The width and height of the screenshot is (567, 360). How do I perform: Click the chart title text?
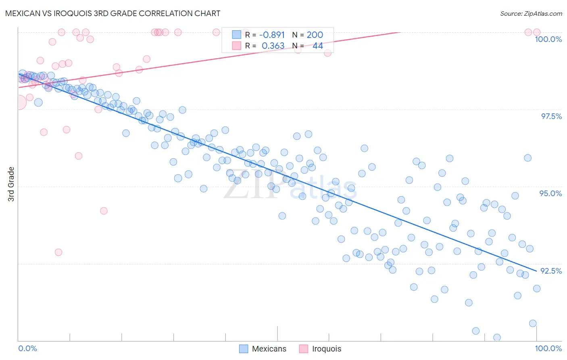[113, 13]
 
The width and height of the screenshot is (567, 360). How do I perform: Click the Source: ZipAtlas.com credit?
[531, 14]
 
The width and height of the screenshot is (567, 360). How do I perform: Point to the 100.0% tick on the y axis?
[548, 39]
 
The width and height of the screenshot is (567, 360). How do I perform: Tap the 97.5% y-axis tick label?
[551, 116]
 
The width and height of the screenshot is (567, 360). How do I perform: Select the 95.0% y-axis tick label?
[550, 193]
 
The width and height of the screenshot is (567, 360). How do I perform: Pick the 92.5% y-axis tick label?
[551, 271]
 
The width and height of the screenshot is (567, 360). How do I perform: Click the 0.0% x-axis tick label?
[27, 348]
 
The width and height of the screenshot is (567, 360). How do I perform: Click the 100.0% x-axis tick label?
[548, 348]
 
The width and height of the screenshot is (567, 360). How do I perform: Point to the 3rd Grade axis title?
[11, 184]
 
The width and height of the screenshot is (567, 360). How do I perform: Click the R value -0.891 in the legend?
[272, 35]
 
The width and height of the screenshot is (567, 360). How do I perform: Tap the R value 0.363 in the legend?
[273, 46]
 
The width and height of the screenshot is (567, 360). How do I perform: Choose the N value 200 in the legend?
[315, 35]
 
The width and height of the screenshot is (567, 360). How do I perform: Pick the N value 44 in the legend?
[317, 46]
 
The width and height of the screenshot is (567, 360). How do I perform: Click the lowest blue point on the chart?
[497, 337]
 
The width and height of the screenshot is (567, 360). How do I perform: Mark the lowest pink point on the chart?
[58, 252]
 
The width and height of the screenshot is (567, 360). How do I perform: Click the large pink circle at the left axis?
[19, 103]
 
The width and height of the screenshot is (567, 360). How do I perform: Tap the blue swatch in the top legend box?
[236, 35]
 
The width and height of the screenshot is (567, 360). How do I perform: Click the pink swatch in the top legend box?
[236, 46]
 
